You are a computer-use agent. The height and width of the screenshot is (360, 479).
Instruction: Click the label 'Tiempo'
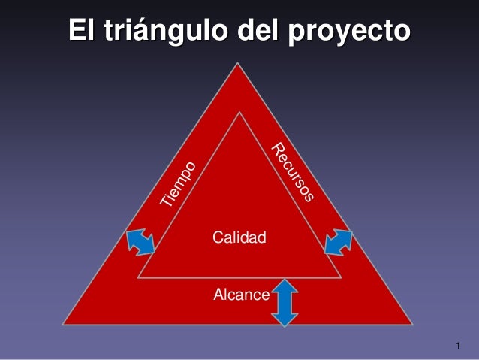coord(179,184)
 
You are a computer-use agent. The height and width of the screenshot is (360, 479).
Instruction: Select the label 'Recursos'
coord(292,172)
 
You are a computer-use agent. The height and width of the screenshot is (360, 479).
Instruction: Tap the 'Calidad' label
coord(239,238)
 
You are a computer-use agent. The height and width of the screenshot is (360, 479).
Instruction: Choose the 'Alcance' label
coord(241,295)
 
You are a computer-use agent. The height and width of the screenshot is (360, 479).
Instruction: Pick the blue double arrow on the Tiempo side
coord(140,242)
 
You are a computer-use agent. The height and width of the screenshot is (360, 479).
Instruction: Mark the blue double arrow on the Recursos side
coord(339,242)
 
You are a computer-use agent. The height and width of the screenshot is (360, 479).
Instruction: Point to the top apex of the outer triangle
coord(239,65)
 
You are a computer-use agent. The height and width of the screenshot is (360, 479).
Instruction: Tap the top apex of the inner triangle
coord(239,113)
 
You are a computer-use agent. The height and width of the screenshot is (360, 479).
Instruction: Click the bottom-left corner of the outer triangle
coord(65,324)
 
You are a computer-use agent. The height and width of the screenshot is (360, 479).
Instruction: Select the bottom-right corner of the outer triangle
coord(412,324)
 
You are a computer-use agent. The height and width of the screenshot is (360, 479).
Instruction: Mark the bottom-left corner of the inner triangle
coord(137,277)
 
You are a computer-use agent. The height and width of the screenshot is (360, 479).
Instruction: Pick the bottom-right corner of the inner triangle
coord(342,277)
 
